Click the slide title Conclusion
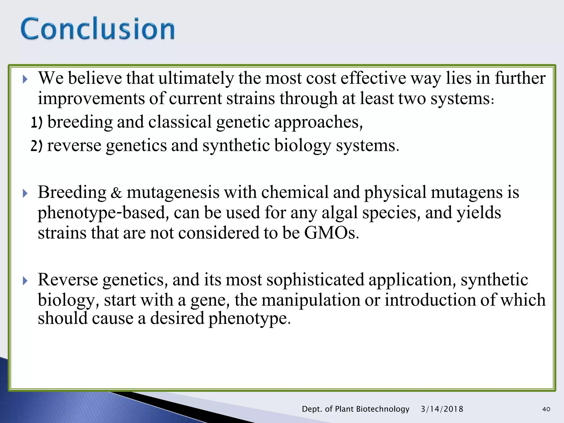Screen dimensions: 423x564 [97, 29]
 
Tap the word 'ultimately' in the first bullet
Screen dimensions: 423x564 [196, 78]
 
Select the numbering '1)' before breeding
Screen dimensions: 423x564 [37, 123]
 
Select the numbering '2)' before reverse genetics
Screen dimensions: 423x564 [37, 146]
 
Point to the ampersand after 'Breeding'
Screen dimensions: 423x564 [116, 193]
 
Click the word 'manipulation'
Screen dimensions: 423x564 [311, 300]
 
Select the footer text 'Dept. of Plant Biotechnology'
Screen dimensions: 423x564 [356, 409]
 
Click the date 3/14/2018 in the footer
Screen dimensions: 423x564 [442, 409]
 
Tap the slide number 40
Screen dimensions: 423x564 [546, 409]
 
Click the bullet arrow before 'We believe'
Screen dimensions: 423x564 [25, 80]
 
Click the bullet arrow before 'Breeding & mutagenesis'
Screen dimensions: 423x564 [25, 194]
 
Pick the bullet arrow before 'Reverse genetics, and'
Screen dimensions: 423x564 [25, 281]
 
